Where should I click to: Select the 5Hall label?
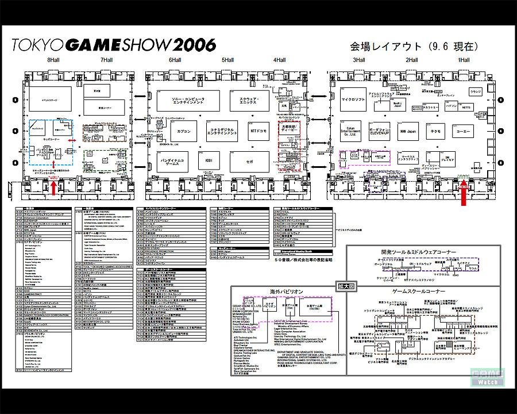point(227,60)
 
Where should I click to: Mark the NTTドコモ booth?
point(258,132)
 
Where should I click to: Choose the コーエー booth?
point(463,131)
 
